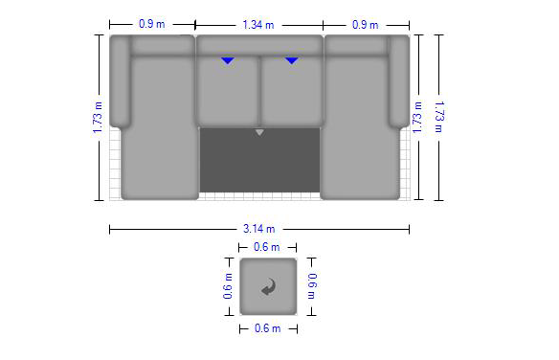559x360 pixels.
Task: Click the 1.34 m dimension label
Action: pyautogui.click(x=258, y=25)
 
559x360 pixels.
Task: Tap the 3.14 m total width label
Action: pyautogui.click(x=258, y=229)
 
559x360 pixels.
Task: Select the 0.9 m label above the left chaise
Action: pyautogui.click(x=152, y=24)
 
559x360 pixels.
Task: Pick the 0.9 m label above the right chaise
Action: pyautogui.click(x=365, y=25)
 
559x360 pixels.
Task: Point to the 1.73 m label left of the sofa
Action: pyautogui.click(x=98, y=118)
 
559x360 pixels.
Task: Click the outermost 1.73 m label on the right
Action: pyautogui.click(x=439, y=117)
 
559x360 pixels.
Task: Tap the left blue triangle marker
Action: pyautogui.click(x=228, y=60)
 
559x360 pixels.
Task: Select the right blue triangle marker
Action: pyautogui.click(x=292, y=60)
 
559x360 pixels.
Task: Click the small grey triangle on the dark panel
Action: pyautogui.click(x=259, y=132)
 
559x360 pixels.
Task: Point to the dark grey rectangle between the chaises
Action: pyautogui.click(x=259, y=161)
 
